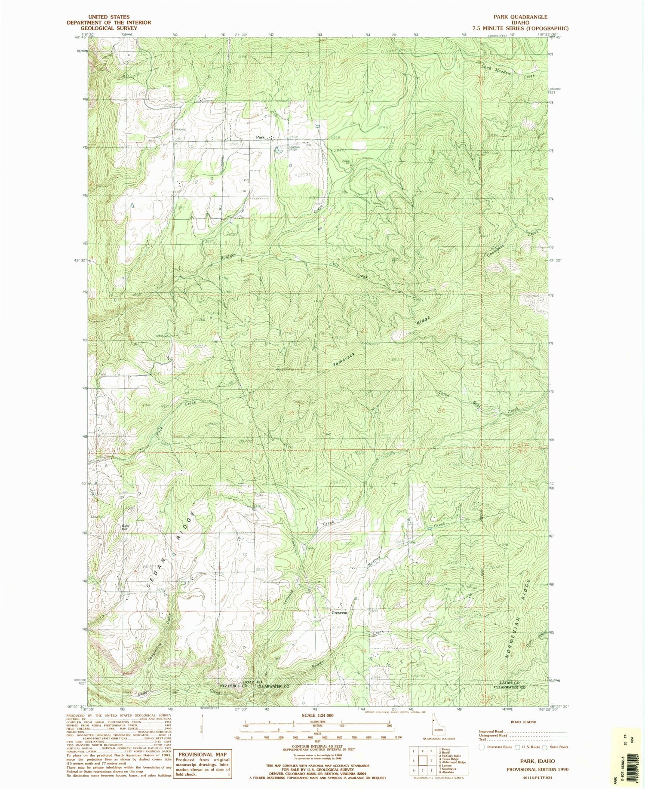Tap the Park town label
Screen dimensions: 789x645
260,137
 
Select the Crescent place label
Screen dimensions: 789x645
339,613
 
